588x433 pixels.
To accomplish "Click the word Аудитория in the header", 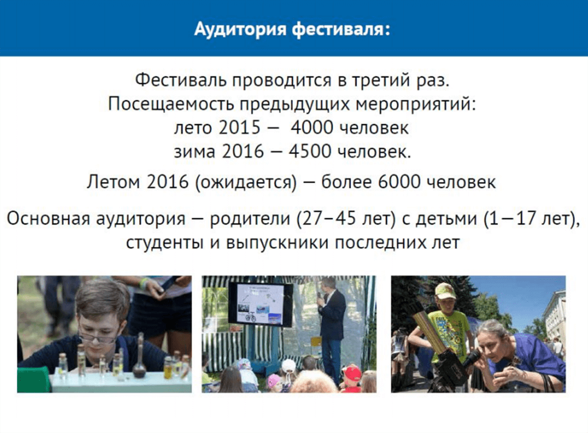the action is (x=241, y=29).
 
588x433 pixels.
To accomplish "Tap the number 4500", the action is (x=310, y=152).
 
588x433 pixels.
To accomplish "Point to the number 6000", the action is (x=400, y=182).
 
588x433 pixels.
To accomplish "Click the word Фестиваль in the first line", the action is (x=181, y=80).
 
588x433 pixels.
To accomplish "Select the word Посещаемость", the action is (x=171, y=104).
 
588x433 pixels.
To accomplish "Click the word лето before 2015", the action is (x=194, y=128).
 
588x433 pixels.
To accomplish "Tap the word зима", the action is (x=195, y=152).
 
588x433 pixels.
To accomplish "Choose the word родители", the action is (x=250, y=219).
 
